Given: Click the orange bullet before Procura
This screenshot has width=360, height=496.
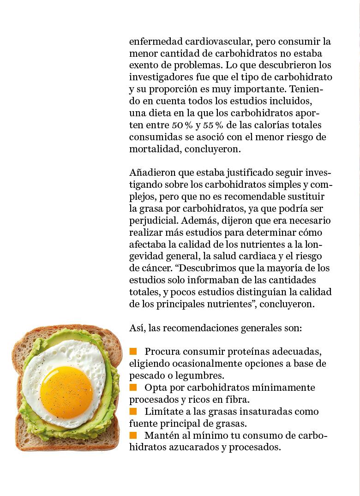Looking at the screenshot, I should pos(133,352).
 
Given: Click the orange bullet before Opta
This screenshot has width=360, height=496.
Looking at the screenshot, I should pos(133,387).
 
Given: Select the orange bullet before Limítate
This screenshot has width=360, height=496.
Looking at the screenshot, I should pos(133,411).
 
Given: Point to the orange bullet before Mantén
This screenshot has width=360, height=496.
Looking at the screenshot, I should pos(133,435).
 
